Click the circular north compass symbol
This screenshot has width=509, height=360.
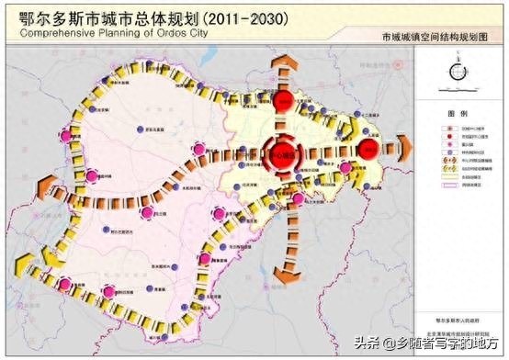point(457,73)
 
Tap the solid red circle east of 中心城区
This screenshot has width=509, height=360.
point(368,149)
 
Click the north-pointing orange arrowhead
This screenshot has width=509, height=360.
point(284,58)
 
